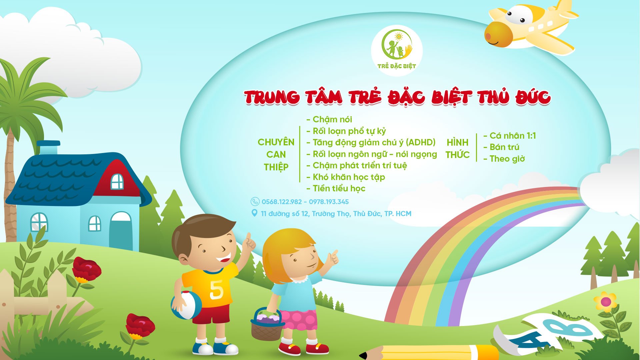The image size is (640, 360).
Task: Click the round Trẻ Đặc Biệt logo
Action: [x=397, y=51]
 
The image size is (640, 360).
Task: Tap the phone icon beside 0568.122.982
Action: [x=255, y=201]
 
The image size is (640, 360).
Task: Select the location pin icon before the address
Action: [x=254, y=213]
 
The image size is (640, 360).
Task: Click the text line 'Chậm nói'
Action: [x=329, y=119]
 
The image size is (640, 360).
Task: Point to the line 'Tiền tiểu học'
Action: [x=336, y=188]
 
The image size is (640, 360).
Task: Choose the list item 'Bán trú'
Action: [x=501, y=147]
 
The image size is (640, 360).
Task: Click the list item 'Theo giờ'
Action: [x=504, y=159]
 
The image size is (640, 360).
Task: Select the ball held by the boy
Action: [x=187, y=305]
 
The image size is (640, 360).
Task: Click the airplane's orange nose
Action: [x=498, y=35]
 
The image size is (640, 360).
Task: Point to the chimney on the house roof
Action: [x=48, y=148]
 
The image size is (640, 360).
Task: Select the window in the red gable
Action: [x=117, y=181]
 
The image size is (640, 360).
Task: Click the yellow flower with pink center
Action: [x=606, y=302]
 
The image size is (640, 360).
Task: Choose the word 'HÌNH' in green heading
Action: [x=457, y=142]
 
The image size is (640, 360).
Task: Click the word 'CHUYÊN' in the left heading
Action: [x=276, y=142]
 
